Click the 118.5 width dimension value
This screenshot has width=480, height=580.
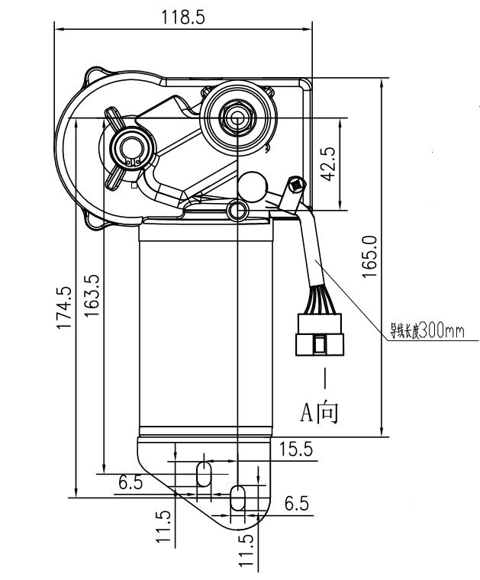click(x=183, y=18)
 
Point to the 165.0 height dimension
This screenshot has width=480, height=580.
click(x=370, y=256)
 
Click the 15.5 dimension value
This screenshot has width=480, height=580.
click(x=295, y=450)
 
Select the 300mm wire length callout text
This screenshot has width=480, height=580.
click(x=427, y=331)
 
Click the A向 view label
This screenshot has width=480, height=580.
click(x=318, y=412)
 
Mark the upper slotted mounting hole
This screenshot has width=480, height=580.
click(x=205, y=472)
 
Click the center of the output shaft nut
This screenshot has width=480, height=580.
click(x=237, y=118)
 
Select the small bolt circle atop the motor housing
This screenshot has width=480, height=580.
click(x=237, y=209)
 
